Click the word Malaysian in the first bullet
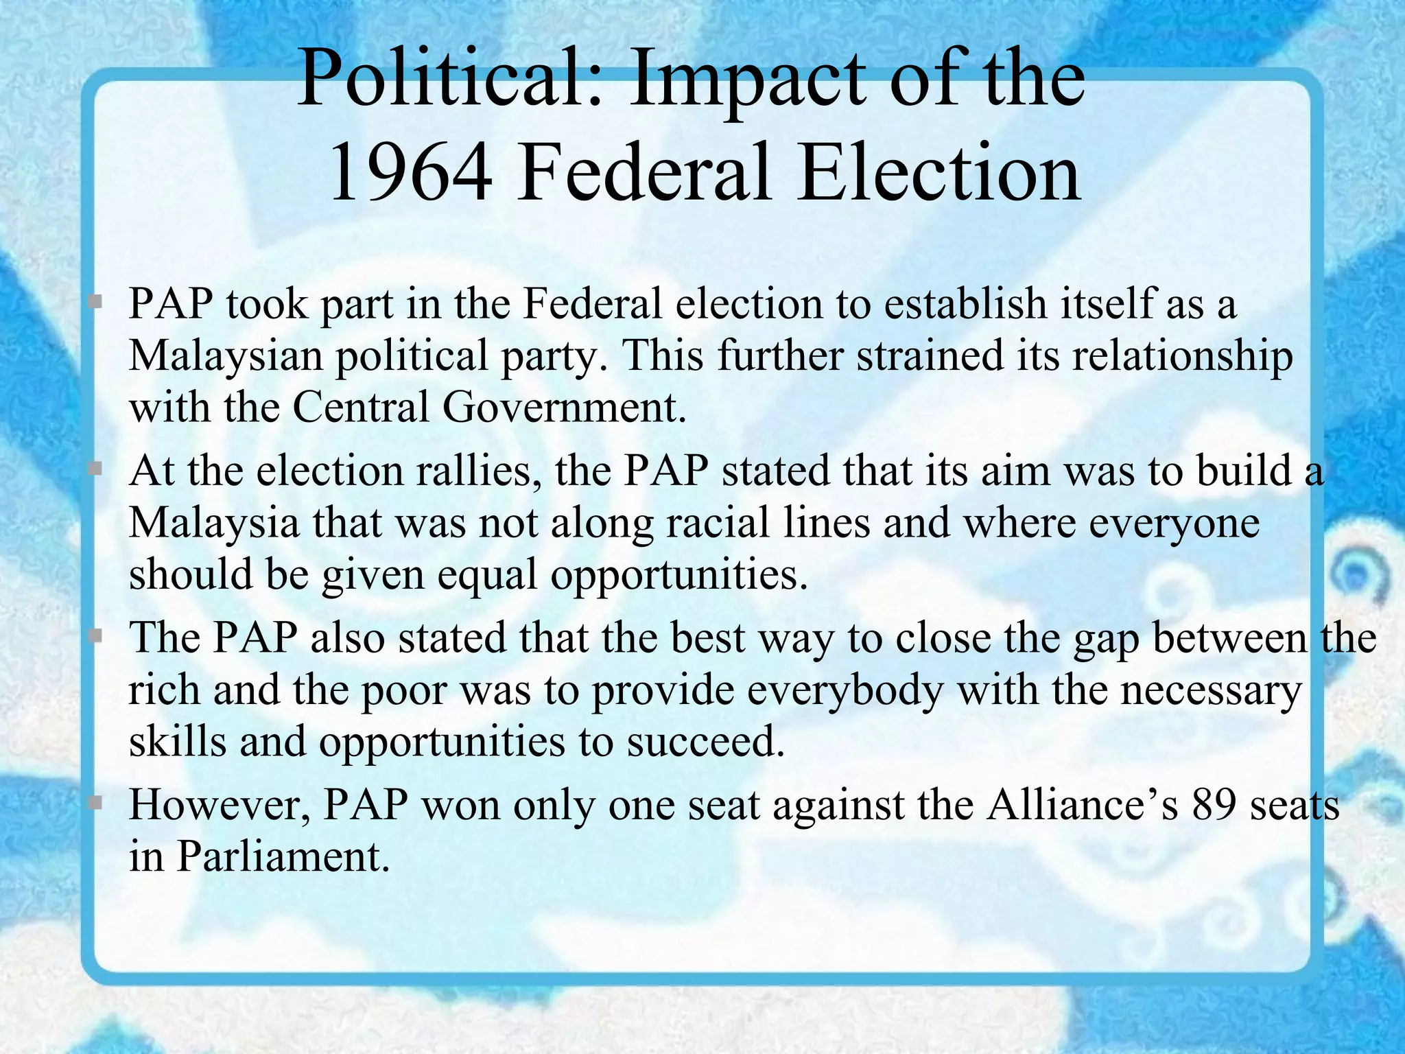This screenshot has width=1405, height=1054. coord(226,357)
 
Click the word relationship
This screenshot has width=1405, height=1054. coord(1183,357)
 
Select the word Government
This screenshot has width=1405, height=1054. coord(564,407)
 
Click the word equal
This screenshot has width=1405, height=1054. coord(487,575)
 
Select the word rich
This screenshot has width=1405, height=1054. coord(164,690)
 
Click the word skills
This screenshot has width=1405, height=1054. coord(178,741)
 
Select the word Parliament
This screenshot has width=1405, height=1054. coord(283,856)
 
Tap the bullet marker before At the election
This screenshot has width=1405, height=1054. coord(96,469)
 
